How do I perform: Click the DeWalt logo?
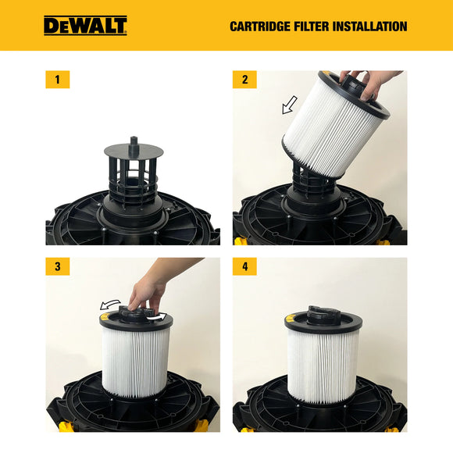point(85,26)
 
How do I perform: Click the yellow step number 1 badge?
point(57,79)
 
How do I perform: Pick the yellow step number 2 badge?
point(244,79)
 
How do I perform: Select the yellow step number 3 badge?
point(57,266)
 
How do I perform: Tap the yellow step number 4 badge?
point(244,266)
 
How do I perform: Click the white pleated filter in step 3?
point(136,359)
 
